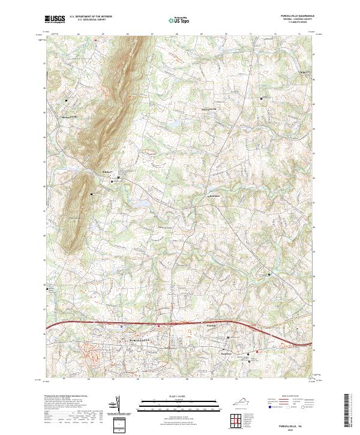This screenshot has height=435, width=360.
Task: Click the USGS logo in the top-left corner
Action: [x=55, y=19]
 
